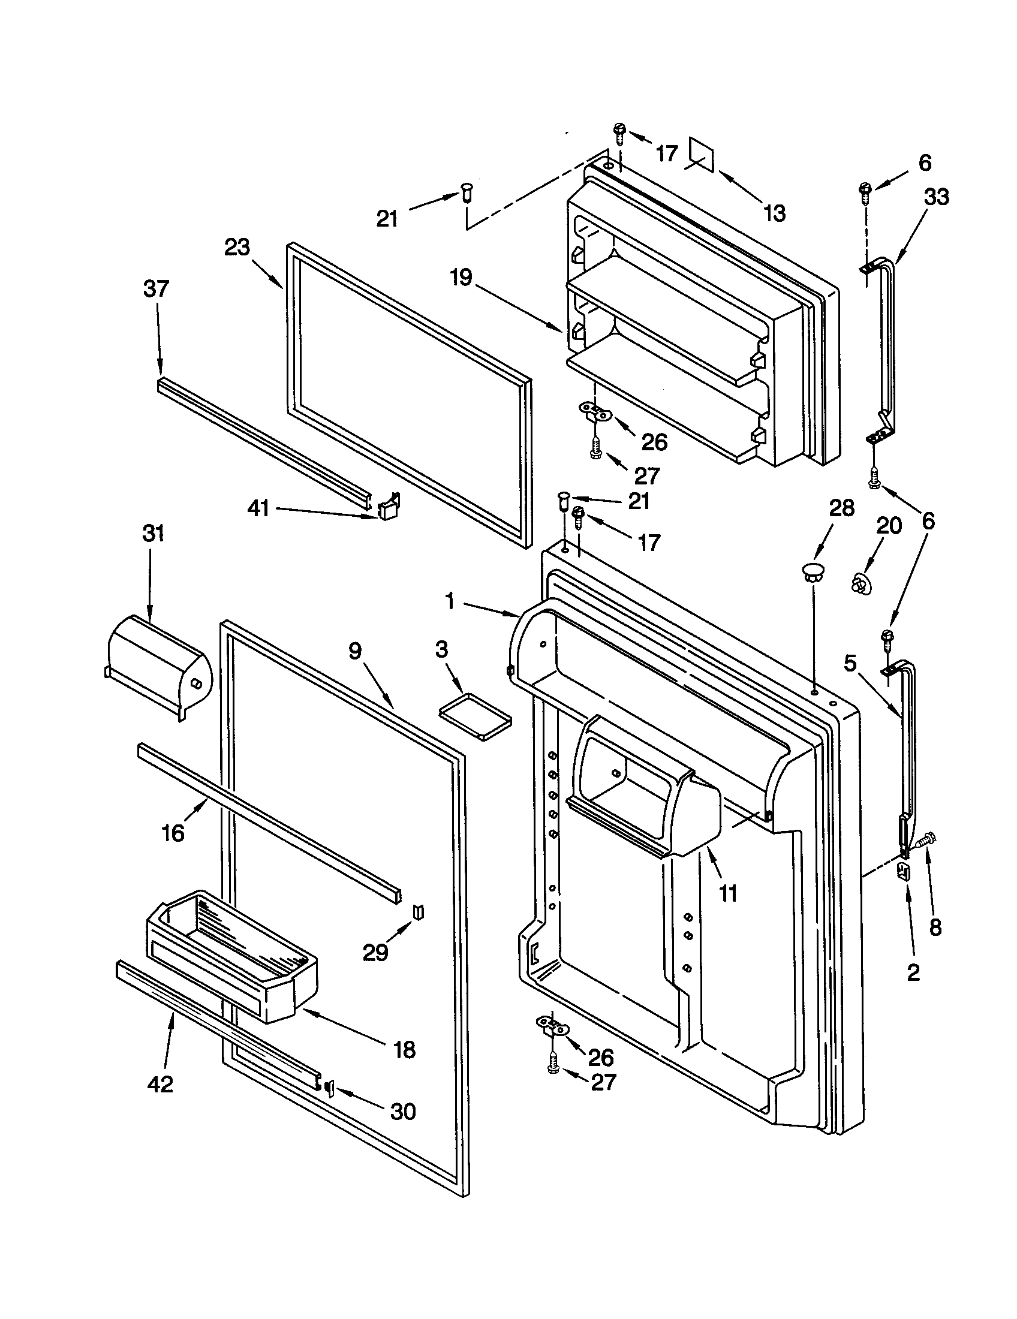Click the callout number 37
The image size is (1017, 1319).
point(156,289)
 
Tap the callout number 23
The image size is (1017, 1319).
point(237,248)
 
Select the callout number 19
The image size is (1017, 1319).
point(461,279)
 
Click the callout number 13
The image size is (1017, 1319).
point(775,213)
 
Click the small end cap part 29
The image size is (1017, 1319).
point(418,912)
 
